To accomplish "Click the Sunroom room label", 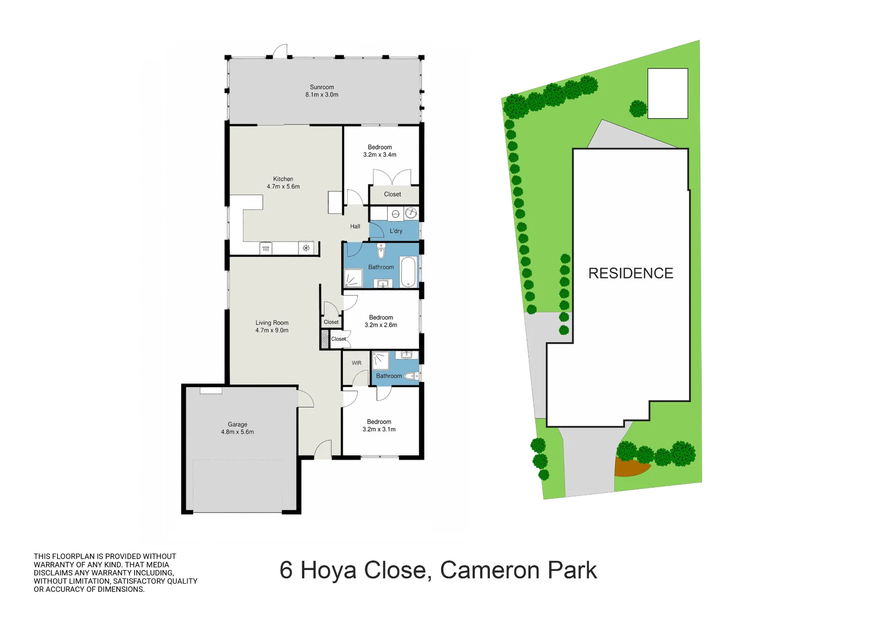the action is (x=322, y=91).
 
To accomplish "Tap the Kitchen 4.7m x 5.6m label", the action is (x=283, y=183).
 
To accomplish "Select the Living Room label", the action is (x=272, y=326).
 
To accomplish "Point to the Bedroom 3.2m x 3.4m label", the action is (x=380, y=151).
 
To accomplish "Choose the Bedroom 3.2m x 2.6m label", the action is (x=381, y=321).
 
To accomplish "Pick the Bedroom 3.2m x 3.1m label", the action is (x=379, y=425).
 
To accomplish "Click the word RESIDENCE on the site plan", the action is (x=631, y=273).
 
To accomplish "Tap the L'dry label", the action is (x=396, y=231).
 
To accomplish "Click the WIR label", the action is (x=357, y=363).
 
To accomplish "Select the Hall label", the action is (x=355, y=226).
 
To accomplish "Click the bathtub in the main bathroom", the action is (x=408, y=272).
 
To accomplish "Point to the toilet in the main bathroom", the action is (x=381, y=251).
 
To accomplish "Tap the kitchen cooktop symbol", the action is (x=306, y=248).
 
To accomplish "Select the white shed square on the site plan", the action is (x=668, y=93).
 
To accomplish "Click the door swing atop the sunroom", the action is (x=281, y=51).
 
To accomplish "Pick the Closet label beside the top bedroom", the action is (x=392, y=194).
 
